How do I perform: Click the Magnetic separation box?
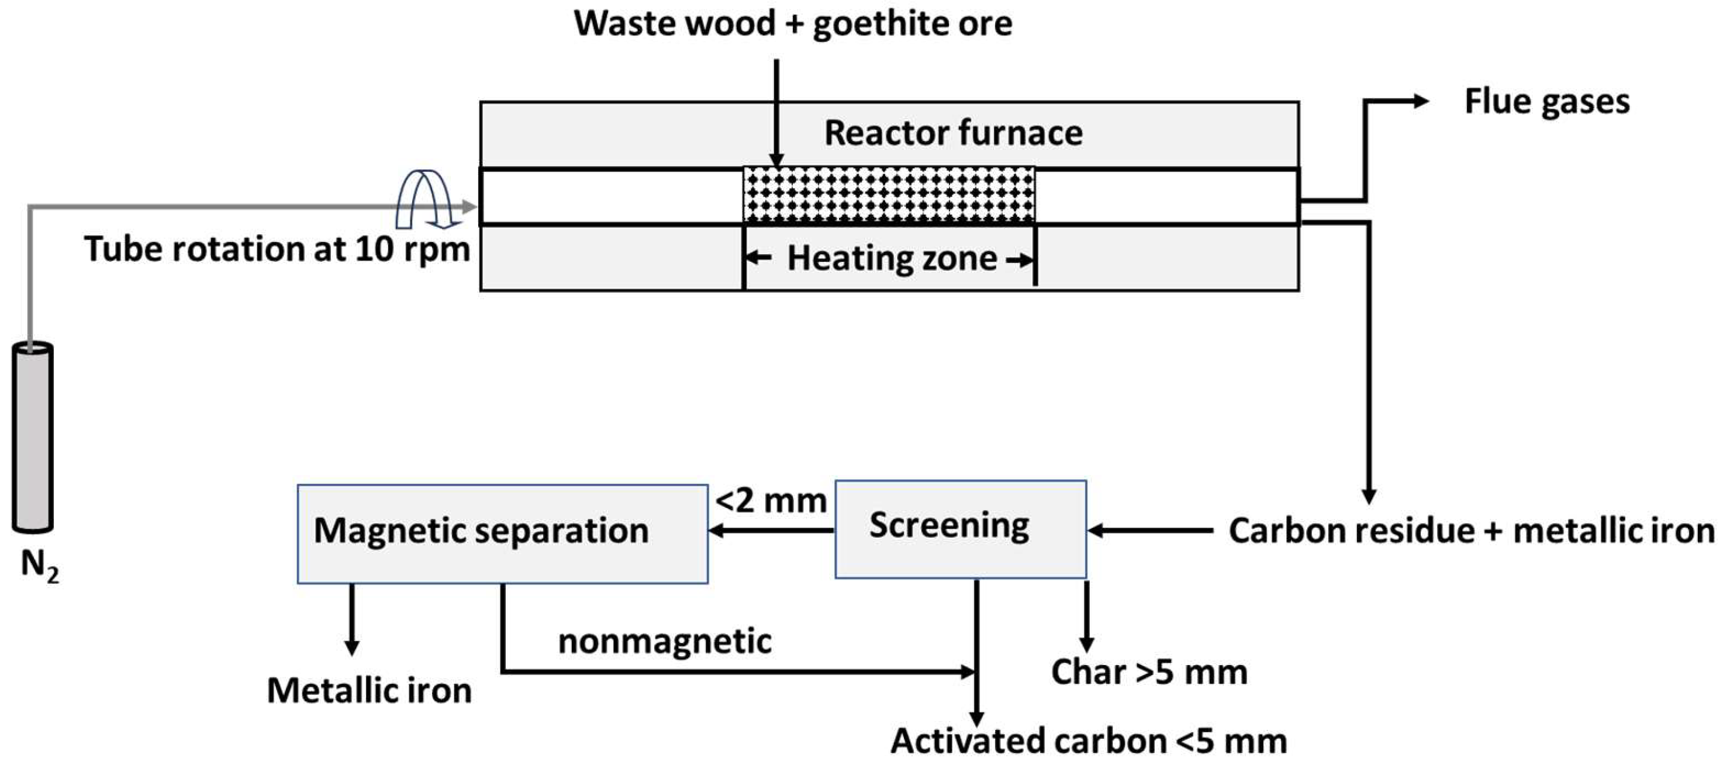[502, 534]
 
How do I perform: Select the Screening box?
[961, 528]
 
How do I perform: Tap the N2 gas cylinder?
[32, 438]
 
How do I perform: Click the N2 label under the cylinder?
[39, 566]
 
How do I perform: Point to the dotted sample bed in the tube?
[889, 195]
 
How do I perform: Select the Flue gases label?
[1546, 102]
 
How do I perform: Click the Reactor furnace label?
[953, 133]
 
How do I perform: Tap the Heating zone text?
[892, 258]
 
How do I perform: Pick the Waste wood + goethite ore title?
[793, 24]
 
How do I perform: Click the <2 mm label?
[771, 501]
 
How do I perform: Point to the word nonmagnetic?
[664, 641]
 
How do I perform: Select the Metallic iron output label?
[370, 690]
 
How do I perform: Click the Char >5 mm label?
[1148, 672]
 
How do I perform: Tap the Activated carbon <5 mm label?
[1088, 741]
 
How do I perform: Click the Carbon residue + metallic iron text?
[1472, 531]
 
